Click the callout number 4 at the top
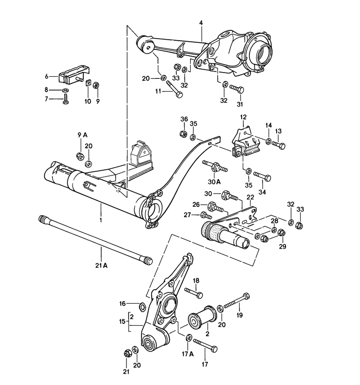(202, 22)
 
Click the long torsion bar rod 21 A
(95, 239)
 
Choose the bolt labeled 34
(262, 178)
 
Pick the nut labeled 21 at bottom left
(127, 353)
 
